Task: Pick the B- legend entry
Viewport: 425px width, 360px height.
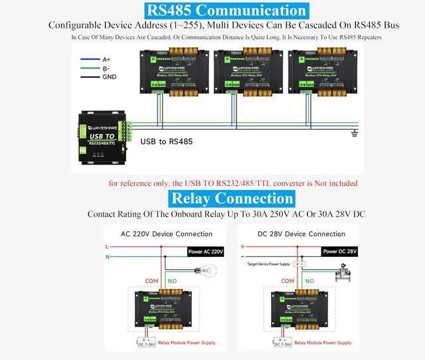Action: (x=106, y=68)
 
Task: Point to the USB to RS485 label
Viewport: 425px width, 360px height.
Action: (x=166, y=141)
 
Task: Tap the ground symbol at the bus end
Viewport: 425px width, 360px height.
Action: (x=354, y=134)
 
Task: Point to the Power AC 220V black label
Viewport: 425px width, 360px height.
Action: (x=207, y=252)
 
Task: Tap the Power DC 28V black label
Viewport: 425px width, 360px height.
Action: (x=340, y=252)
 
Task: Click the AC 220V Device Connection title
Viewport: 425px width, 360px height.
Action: (x=166, y=234)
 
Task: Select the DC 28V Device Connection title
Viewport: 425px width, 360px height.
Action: (x=301, y=234)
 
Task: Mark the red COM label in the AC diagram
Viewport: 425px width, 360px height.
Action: (x=151, y=281)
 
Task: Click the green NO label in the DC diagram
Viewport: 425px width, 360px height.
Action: (x=307, y=281)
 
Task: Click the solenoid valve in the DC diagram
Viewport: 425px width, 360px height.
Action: (x=345, y=274)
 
